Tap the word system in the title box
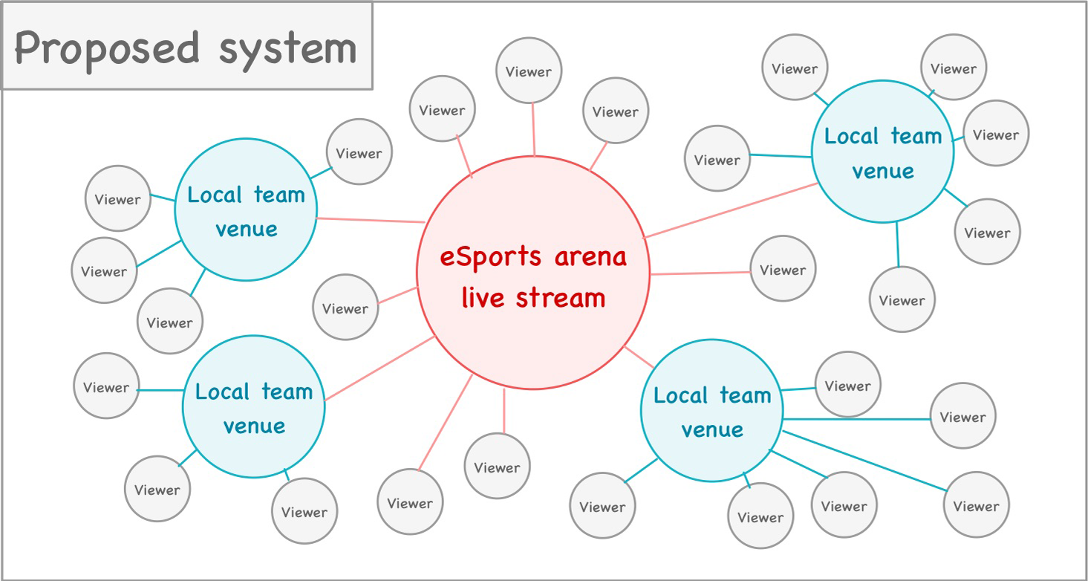pyautogui.click(x=288, y=48)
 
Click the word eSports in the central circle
pyautogui.click(x=491, y=257)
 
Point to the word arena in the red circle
pyautogui.click(x=590, y=257)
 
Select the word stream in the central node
pyautogui.click(x=561, y=298)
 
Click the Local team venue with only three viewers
pyautogui.click(x=254, y=407)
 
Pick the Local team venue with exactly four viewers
pyautogui.click(x=246, y=210)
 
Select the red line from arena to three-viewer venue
pyautogui.click(x=380, y=369)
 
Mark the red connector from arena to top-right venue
pyautogui.click(x=732, y=210)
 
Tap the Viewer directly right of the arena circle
pyautogui.click(x=783, y=270)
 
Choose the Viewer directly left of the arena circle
pyautogui.click(x=345, y=308)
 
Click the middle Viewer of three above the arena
pyautogui.click(x=529, y=71)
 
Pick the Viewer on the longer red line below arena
pyautogui.click(x=410, y=503)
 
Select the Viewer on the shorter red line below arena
pyautogui.click(x=497, y=467)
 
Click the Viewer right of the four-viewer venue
pyautogui.click(x=359, y=153)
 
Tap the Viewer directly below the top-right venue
pyautogui.click(x=902, y=300)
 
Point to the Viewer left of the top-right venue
pyautogui.click(x=717, y=159)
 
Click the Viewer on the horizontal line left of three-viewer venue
pyautogui.click(x=106, y=386)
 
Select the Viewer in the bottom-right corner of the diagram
pyautogui.click(x=976, y=506)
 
